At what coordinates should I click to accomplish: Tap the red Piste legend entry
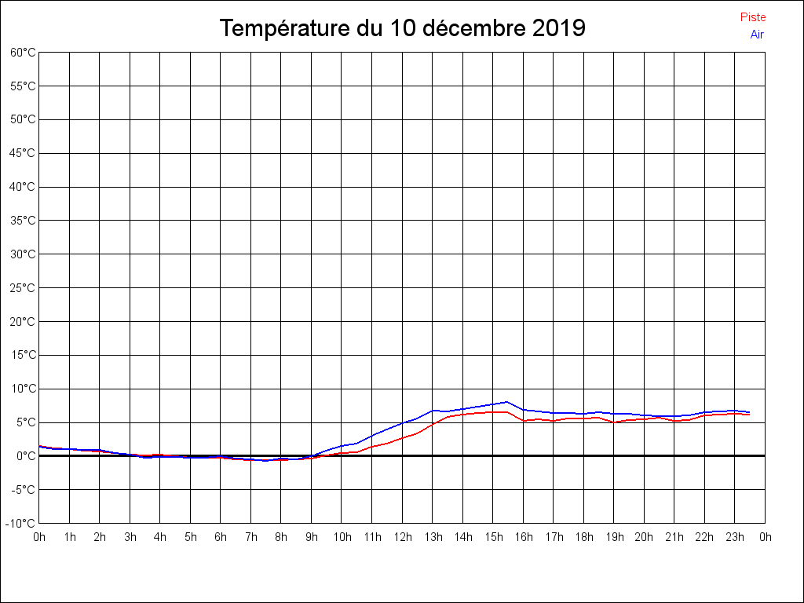pyautogui.click(x=753, y=17)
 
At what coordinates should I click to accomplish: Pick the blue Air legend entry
pyautogui.click(x=757, y=35)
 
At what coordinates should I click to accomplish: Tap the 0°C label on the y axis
pyautogui.click(x=25, y=456)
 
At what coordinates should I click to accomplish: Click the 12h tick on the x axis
pyautogui.click(x=402, y=538)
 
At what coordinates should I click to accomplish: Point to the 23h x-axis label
pyautogui.click(x=735, y=538)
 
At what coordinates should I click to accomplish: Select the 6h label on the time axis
pyautogui.click(x=221, y=538)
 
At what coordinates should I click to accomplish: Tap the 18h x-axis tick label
pyautogui.click(x=583, y=538)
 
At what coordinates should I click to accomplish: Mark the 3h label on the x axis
pyautogui.click(x=130, y=538)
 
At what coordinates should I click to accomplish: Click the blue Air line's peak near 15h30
pyautogui.click(x=507, y=401)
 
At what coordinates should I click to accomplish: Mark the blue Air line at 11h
pyautogui.click(x=372, y=434)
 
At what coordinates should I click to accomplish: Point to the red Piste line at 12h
pyautogui.click(x=402, y=438)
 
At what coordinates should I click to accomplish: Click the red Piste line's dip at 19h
pyautogui.click(x=614, y=422)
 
